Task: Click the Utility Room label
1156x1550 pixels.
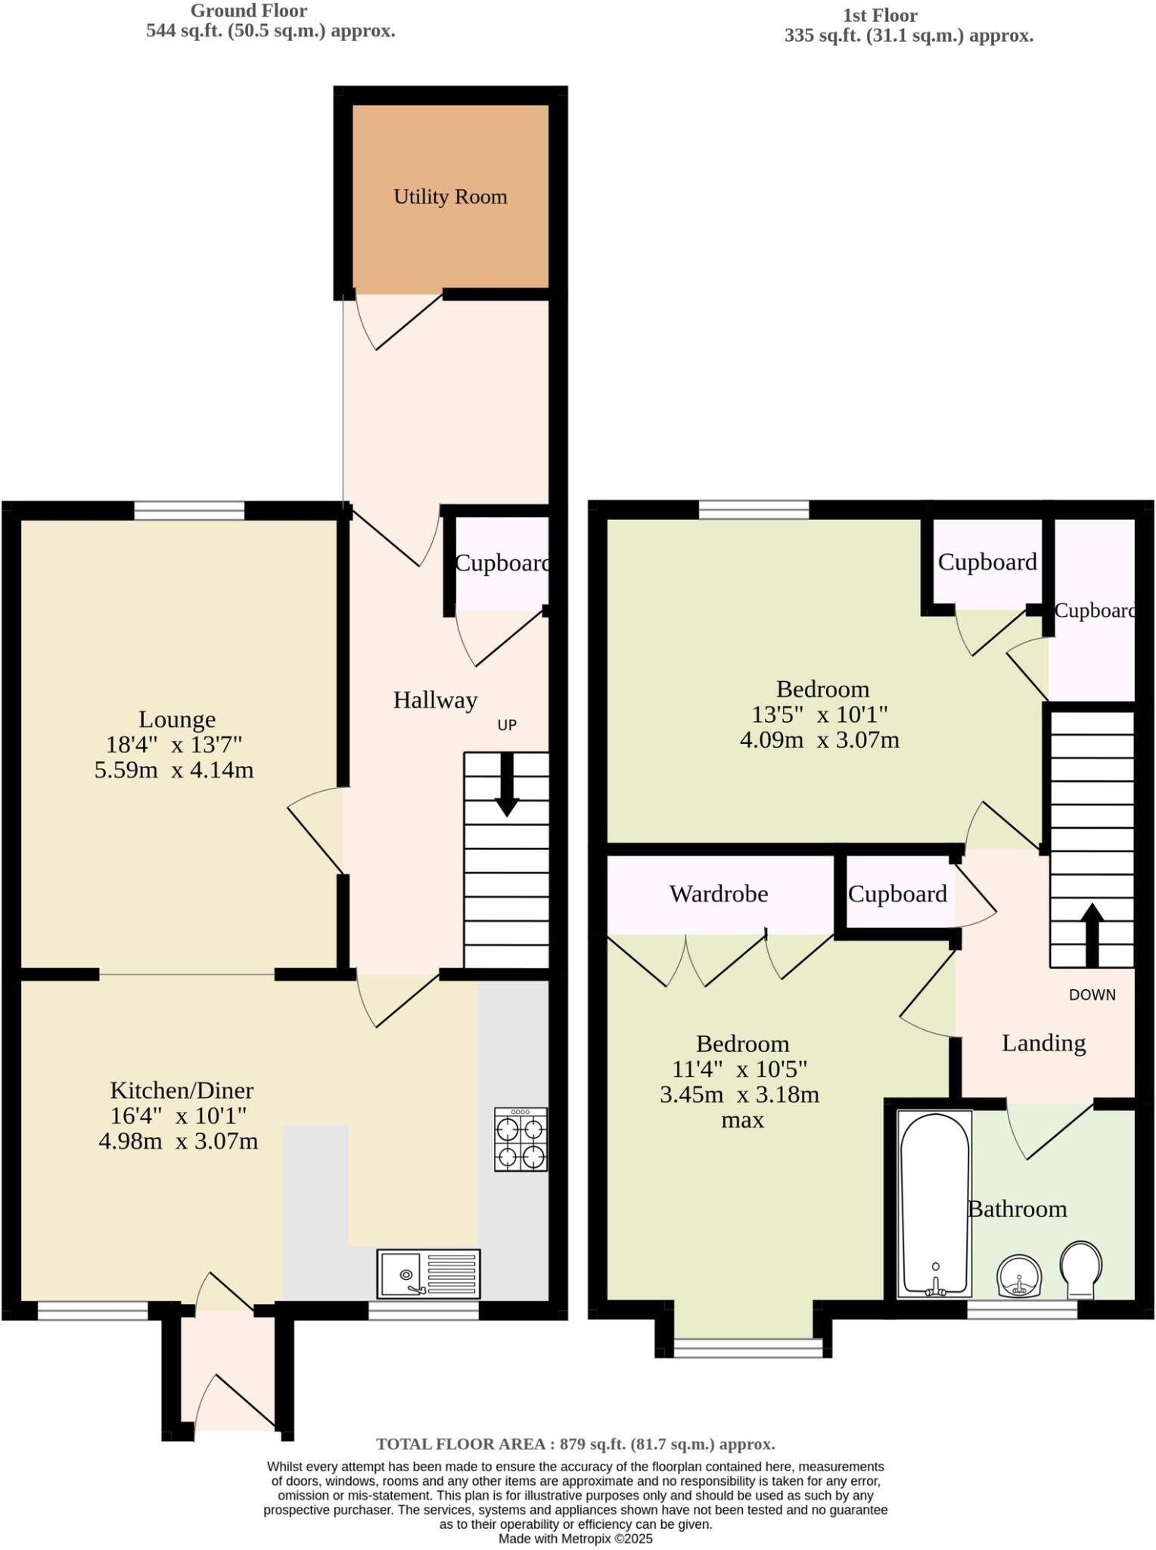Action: tap(450, 197)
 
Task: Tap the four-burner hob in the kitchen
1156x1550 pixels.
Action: tap(521, 1139)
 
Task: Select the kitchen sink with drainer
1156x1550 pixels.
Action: tap(428, 1273)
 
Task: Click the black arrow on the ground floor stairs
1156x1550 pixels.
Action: tap(506, 787)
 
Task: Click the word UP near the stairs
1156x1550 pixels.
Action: tap(507, 725)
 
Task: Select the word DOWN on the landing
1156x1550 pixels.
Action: tap(1092, 994)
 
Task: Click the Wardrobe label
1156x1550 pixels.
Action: tap(719, 894)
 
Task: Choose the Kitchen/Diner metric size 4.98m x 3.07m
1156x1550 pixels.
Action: tap(179, 1141)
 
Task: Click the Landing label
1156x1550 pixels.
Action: tap(1043, 1043)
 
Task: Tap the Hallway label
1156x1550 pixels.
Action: tap(435, 700)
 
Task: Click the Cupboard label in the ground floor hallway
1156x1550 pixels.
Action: tap(502, 563)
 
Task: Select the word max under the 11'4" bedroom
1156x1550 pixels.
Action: tap(742, 1119)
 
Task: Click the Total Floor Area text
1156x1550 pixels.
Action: tap(575, 1443)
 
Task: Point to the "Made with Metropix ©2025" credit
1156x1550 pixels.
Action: tap(575, 1539)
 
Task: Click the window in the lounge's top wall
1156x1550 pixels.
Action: tap(190, 511)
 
